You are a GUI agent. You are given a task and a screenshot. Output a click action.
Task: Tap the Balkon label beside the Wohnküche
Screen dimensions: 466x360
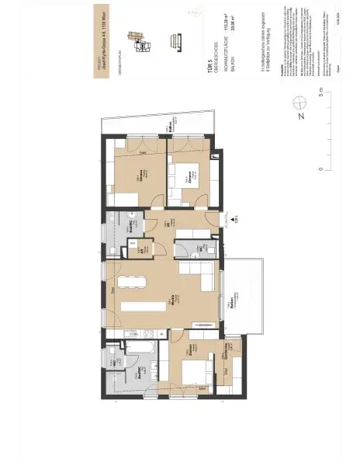233,301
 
